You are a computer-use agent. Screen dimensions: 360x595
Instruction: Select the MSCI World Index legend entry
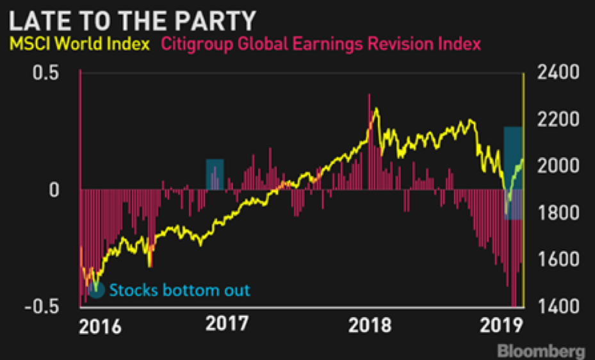[79, 44]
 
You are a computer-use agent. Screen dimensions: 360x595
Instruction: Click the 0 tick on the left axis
[55, 190]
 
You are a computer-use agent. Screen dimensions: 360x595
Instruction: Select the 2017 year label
[227, 324]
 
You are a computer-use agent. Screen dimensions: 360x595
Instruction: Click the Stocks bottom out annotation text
[179, 290]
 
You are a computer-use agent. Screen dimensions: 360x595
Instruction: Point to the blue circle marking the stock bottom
[96, 290]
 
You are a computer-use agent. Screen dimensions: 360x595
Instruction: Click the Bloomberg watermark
[542, 351]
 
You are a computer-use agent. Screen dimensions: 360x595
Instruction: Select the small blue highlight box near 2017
[215, 174]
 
